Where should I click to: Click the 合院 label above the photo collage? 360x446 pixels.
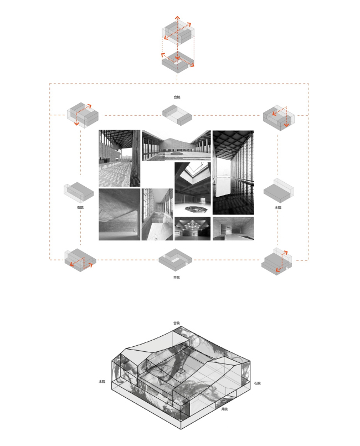[x=177, y=97]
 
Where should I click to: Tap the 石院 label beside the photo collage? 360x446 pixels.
[x=81, y=207]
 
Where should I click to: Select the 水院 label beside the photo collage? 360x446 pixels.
[x=277, y=207]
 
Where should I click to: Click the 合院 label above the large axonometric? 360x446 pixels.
[x=176, y=323]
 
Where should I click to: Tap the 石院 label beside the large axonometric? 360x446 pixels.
[x=258, y=383]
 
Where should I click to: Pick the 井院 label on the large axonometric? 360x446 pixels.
[x=224, y=408]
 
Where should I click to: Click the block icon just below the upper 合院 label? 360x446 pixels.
[x=177, y=114]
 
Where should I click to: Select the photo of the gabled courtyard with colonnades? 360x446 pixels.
[x=176, y=145]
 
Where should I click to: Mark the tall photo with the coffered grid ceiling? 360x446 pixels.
[x=233, y=172]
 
